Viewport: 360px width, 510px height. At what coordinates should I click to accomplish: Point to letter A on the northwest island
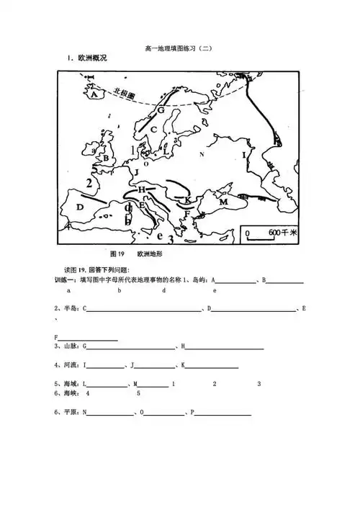coord(93,94)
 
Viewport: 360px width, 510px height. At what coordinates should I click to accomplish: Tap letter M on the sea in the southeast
coord(223,203)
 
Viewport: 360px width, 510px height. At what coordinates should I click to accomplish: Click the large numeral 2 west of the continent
coord(89,183)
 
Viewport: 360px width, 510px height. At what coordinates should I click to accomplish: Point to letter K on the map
coord(187,200)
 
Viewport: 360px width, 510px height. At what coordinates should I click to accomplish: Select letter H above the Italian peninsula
coord(142,189)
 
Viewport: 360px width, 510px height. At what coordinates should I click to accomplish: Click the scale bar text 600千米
coord(277,233)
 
